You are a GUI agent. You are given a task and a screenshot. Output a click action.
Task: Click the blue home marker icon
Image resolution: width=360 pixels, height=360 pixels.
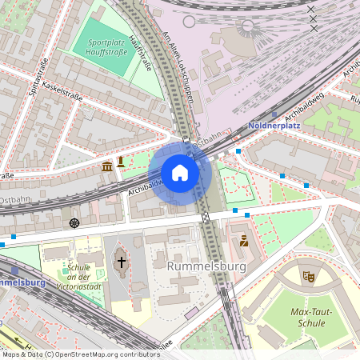(x=180, y=172)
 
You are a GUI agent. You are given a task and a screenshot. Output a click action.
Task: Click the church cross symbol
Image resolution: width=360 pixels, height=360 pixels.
(x=122, y=262)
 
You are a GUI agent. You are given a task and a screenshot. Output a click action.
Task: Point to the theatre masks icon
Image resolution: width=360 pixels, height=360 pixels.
(x=308, y=276)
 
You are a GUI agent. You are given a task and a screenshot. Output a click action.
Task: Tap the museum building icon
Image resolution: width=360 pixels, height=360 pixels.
(x=107, y=166)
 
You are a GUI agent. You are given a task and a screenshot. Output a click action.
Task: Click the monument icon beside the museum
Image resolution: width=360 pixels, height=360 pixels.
(x=121, y=162)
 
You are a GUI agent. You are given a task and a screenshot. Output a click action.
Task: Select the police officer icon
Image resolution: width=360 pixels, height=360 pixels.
(x=243, y=239)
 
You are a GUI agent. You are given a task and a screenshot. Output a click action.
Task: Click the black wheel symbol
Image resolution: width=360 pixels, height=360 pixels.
(x=74, y=222)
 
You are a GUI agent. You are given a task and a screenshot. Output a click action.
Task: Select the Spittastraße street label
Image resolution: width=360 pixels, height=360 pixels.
(x=38, y=78)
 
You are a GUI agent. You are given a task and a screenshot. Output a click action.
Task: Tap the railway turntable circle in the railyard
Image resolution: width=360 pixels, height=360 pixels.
(x=246, y=25)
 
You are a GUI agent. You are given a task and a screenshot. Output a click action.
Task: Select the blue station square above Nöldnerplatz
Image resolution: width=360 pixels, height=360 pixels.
(x=274, y=114)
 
